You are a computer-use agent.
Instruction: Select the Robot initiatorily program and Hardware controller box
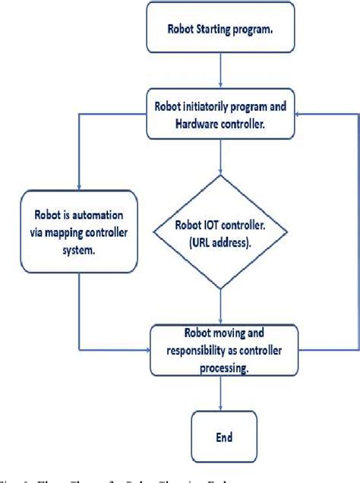coord(220,113)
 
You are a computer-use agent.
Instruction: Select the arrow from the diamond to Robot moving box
coord(219,311)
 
